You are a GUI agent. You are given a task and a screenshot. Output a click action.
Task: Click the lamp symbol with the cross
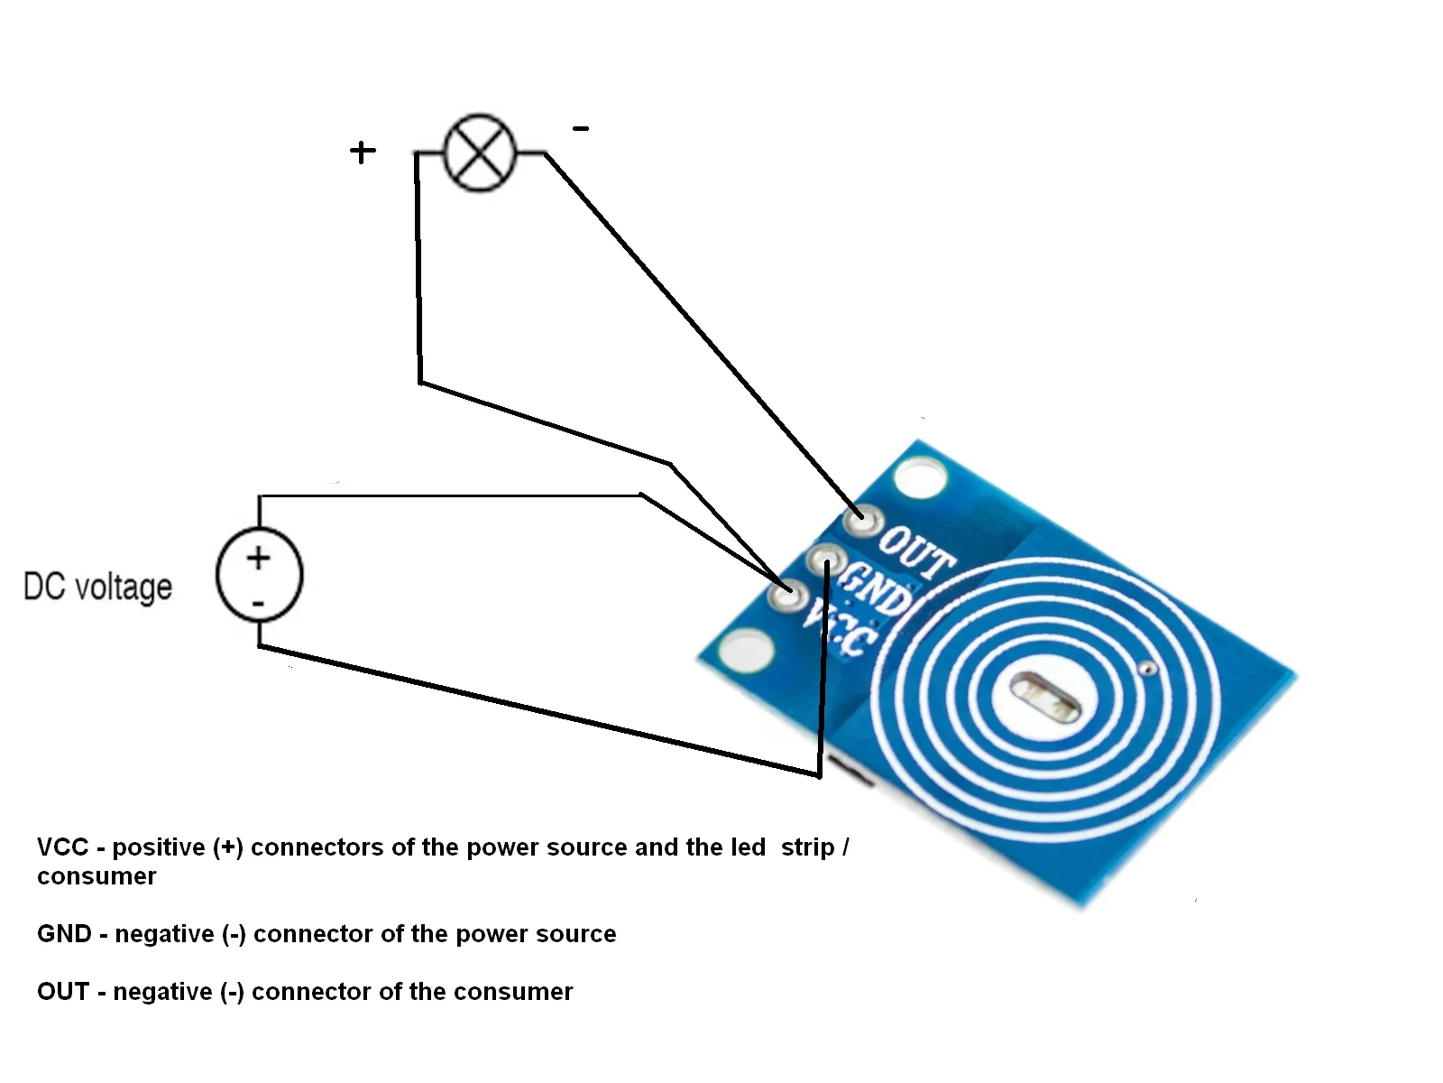(x=481, y=153)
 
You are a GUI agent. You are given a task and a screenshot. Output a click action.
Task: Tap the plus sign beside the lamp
(x=363, y=152)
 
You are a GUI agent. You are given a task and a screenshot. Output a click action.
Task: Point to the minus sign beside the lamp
(x=581, y=129)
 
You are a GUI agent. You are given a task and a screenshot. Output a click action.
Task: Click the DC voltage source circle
(x=259, y=575)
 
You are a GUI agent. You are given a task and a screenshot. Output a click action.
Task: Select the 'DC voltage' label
(x=97, y=587)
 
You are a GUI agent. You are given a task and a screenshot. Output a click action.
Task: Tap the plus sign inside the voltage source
(x=259, y=558)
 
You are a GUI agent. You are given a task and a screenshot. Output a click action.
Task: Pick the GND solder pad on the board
(x=825, y=561)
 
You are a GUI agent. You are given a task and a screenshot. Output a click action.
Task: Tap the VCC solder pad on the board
(x=786, y=595)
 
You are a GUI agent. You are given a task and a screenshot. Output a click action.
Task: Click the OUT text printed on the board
(x=915, y=551)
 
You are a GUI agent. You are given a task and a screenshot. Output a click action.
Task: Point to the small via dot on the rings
(x=1147, y=669)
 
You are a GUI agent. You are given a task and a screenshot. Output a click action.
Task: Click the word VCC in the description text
(x=62, y=847)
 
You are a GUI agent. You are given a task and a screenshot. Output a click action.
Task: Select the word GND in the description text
(x=64, y=934)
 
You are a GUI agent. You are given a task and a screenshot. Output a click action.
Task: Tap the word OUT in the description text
(x=63, y=992)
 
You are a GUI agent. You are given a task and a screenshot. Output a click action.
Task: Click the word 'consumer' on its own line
(x=97, y=876)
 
